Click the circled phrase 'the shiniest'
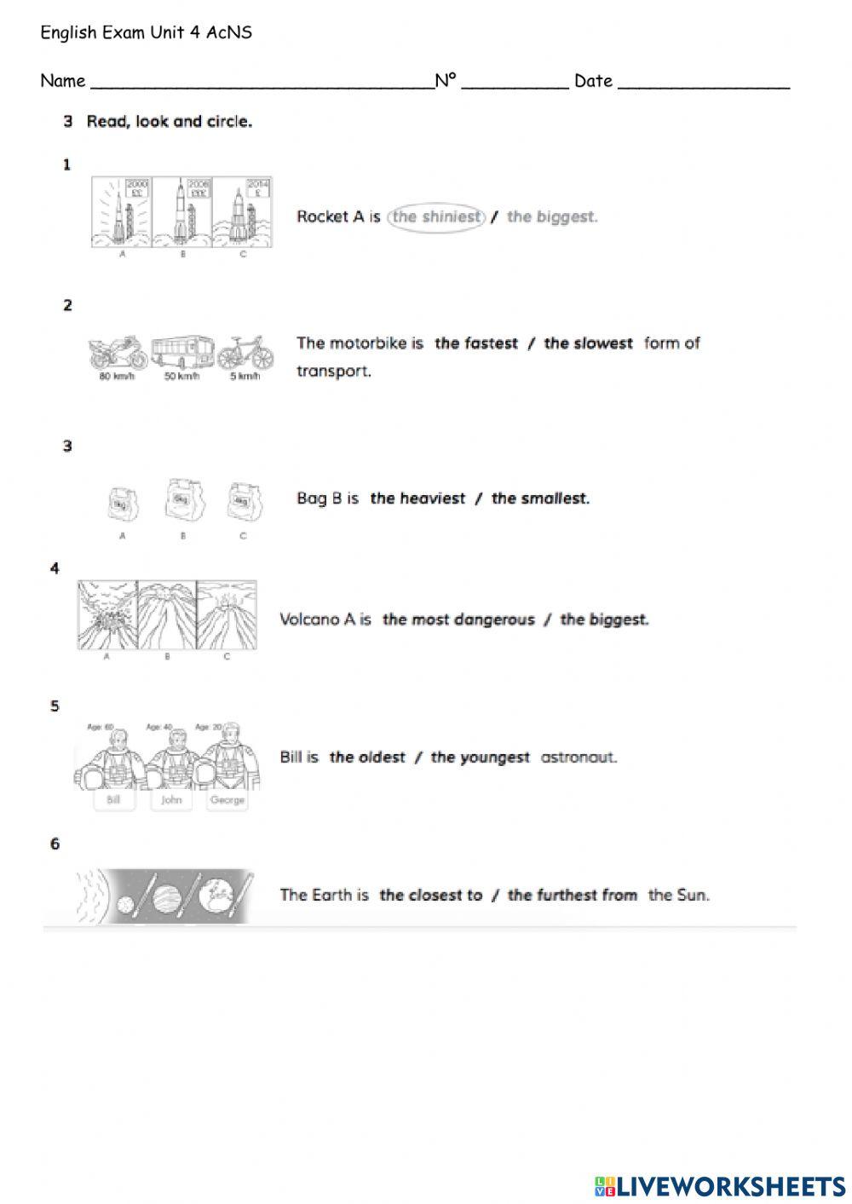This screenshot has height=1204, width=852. click(436, 216)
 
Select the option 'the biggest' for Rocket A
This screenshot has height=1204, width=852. click(552, 216)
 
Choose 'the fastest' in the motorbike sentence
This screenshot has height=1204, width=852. click(476, 343)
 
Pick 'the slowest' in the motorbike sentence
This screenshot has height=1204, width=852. click(588, 343)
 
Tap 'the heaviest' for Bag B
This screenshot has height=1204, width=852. click(417, 498)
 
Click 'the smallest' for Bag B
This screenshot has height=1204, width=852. click(540, 498)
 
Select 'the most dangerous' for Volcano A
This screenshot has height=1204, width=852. click(458, 619)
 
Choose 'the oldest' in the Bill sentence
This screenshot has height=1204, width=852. click(367, 758)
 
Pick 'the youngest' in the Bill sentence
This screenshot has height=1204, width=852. click(480, 758)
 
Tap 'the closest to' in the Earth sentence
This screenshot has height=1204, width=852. click(430, 895)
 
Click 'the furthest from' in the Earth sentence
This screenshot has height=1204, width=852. click(573, 895)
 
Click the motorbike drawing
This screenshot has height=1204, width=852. click(118, 351)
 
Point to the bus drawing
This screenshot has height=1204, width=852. click(182, 351)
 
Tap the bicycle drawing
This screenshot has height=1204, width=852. click(245, 351)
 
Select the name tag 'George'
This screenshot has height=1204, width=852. click(227, 800)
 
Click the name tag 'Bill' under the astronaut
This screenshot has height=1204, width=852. click(113, 800)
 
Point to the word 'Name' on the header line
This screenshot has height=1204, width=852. click(62, 81)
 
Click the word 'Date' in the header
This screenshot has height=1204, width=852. click(593, 81)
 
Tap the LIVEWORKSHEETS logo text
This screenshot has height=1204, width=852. click(730, 1186)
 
